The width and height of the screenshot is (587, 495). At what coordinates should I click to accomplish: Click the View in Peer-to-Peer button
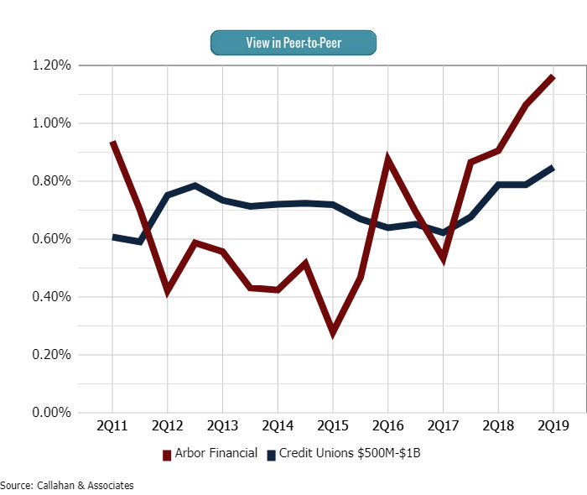[x=293, y=43]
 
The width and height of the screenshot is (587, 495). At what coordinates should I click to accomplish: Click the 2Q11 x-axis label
[x=112, y=426]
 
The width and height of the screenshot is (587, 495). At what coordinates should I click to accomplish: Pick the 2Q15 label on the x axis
[x=333, y=426]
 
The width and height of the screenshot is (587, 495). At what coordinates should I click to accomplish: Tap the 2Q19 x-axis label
[x=553, y=426]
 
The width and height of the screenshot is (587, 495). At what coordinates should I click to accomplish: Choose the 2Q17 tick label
[x=443, y=426]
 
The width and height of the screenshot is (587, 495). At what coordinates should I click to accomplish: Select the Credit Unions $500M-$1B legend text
[x=356, y=454]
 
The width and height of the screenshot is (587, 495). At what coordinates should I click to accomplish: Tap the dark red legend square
[x=166, y=455]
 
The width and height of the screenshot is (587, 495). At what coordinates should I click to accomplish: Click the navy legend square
[x=272, y=455]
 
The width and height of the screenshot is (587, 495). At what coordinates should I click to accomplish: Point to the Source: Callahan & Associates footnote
[x=67, y=485]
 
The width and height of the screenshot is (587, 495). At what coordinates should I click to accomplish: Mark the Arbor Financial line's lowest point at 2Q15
[x=333, y=332]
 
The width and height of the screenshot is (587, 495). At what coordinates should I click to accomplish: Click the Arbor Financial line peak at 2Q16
[x=387, y=159]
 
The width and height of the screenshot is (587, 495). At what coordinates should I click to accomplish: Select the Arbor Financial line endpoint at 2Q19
[x=553, y=77]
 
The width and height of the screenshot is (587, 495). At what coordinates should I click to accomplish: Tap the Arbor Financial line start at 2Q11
[x=112, y=143]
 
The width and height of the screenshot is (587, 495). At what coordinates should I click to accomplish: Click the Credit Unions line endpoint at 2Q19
[x=553, y=168]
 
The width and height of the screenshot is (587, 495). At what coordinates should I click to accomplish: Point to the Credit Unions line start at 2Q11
[x=112, y=237]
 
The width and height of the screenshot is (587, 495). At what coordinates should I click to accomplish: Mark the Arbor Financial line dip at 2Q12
[x=168, y=291]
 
